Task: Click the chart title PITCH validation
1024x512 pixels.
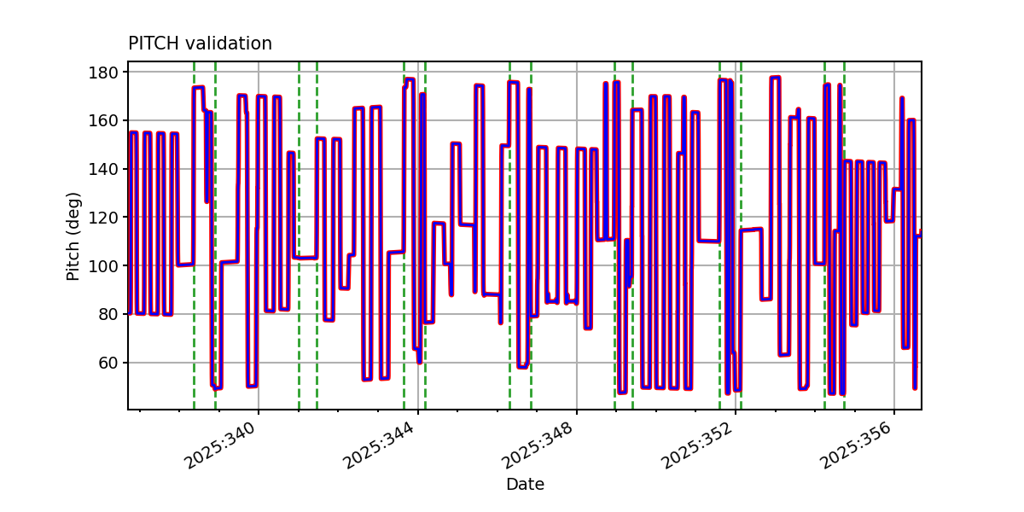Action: (200, 44)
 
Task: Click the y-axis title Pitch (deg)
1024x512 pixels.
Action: (73, 236)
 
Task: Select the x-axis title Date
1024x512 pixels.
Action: (525, 485)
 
